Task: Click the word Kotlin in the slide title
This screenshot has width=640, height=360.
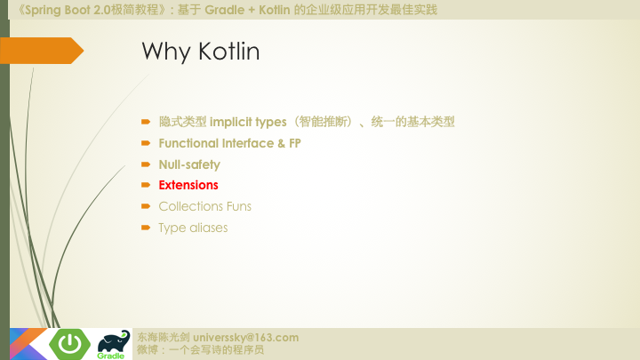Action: (228, 52)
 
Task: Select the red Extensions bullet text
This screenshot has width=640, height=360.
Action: (188, 185)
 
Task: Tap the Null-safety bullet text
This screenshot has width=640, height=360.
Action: (189, 164)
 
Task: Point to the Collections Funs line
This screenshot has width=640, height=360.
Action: (204, 206)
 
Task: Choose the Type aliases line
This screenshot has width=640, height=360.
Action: (193, 228)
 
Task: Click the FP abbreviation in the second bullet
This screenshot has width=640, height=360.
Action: (295, 142)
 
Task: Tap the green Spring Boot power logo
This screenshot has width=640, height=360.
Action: (68, 342)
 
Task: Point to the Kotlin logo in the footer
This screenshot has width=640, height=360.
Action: (27, 344)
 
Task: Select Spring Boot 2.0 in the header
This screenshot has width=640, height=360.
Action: (61, 10)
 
